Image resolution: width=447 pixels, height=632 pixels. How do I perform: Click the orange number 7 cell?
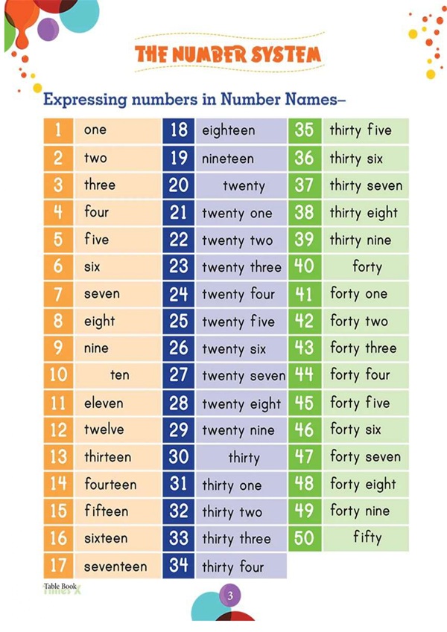pos(58,293)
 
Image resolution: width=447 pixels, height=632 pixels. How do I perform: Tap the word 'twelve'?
pos(104,430)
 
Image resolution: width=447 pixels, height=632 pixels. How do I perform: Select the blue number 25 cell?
pos(179,321)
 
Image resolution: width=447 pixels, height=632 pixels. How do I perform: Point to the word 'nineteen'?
pos(228,158)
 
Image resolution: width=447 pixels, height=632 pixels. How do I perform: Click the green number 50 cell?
pos(304,537)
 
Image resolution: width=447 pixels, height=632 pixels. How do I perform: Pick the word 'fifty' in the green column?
pos(367,537)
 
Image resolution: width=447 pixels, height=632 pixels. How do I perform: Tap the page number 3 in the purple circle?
pos(230,596)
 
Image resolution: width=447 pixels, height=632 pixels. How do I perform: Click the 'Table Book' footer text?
pos(61,587)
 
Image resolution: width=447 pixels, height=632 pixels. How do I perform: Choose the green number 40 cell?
pos(304,266)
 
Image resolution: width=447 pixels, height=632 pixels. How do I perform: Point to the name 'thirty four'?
pos(232,566)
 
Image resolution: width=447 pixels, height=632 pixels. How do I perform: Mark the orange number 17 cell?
pos(58,566)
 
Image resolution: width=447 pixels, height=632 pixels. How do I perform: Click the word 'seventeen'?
pos(115,566)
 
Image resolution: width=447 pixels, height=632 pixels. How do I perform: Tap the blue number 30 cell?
pos(179,457)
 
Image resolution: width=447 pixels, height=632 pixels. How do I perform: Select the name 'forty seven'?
pos(365,456)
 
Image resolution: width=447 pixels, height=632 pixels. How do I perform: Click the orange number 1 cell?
pos(58,130)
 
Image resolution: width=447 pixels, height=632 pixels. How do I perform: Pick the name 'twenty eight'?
pos(241,403)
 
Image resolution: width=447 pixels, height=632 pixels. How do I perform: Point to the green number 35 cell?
pos(304,130)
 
